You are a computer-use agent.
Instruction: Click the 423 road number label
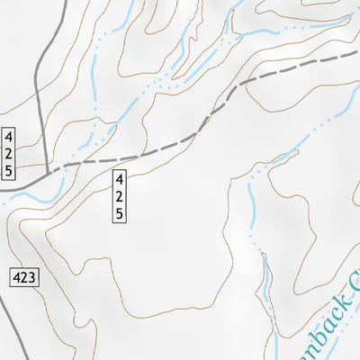tap(26, 279)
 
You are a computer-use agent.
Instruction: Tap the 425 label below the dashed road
tap(119, 197)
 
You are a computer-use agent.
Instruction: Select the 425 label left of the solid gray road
tap(9, 154)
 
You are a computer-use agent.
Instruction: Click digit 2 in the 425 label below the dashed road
tap(119, 197)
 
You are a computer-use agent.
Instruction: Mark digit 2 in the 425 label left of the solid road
tap(9, 154)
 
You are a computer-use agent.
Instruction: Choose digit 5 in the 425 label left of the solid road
tap(9, 169)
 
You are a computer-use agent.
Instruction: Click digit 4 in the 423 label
tap(19, 279)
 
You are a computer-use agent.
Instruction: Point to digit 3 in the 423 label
tap(33, 279)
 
